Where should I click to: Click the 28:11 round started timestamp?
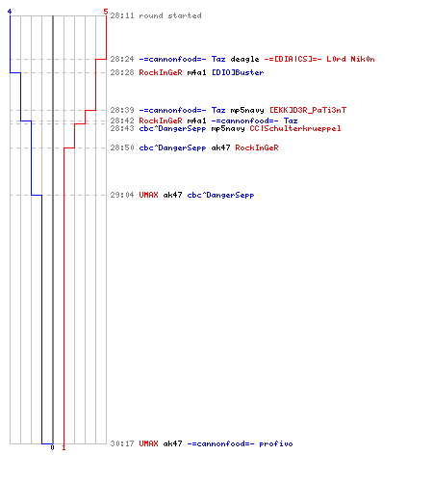pos(122,15)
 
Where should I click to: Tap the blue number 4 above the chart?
pos(10,12)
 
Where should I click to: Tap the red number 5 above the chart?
pos(106,12)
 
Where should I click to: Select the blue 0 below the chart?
pos(52,447)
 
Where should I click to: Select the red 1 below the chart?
pos(64,447)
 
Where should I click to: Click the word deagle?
pos(244,59)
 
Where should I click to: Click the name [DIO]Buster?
pos(238,72)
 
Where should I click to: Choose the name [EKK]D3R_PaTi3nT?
pos(308,110)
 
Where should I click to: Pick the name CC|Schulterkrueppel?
pos(295,128)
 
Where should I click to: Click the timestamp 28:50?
pos(122,147)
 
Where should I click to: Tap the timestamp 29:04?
pos(122,195)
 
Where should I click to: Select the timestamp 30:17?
pos(122,443)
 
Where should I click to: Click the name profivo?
pos(276,443)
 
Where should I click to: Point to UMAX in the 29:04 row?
pos(148,195)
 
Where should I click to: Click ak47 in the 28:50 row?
pos(220,147)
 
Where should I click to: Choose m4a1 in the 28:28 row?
pos(196,72)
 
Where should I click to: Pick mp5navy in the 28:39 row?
pos(247,111)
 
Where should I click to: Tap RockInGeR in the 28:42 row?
pos(161,120)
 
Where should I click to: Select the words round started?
pos(170,15)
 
